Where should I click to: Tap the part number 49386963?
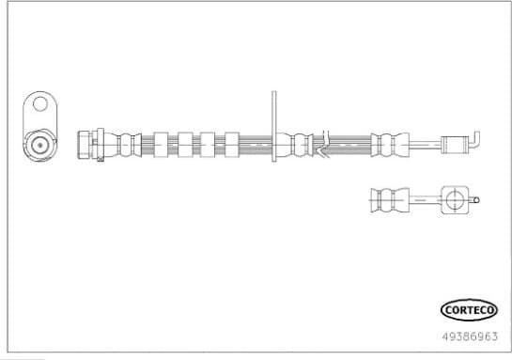pyautogui.click(x=470, y=334)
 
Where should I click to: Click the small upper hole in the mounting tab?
pyautogui.click(x=39, y=104)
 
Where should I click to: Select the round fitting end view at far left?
pyautogui.click(x=39, y=145)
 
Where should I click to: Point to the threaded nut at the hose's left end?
pyautogui.click(x=83, y=144)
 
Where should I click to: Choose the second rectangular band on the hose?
pyautogui.click(x=184, y=144)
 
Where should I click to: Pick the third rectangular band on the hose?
pyautogui.click(x=208, y=144)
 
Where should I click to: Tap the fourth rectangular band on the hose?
pyautogui.click(x=231, y=144)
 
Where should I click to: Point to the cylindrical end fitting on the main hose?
pyautogui.click(x=455, y=144)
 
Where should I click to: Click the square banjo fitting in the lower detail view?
pyautogui.click(x=453, y=199)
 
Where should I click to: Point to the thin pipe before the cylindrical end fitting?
pyautogui.click(x=425, y=144)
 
